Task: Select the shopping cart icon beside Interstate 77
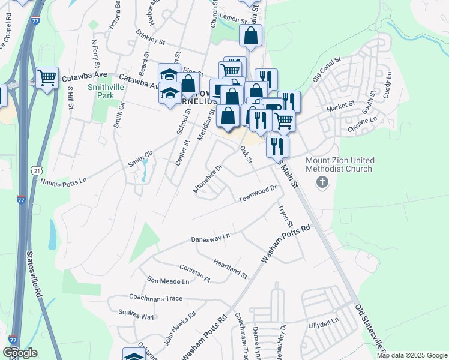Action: click(47, 77)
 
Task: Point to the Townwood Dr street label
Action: click(257, 194)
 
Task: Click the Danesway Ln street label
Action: click(210, 238)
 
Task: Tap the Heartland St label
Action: click(230, 268)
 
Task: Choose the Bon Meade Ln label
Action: click(168, 281)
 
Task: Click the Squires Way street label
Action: click(136, 316)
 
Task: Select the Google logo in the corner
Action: click(20, 352)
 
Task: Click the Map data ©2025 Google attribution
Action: click(412, 355)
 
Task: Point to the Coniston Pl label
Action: click(194, 274)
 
